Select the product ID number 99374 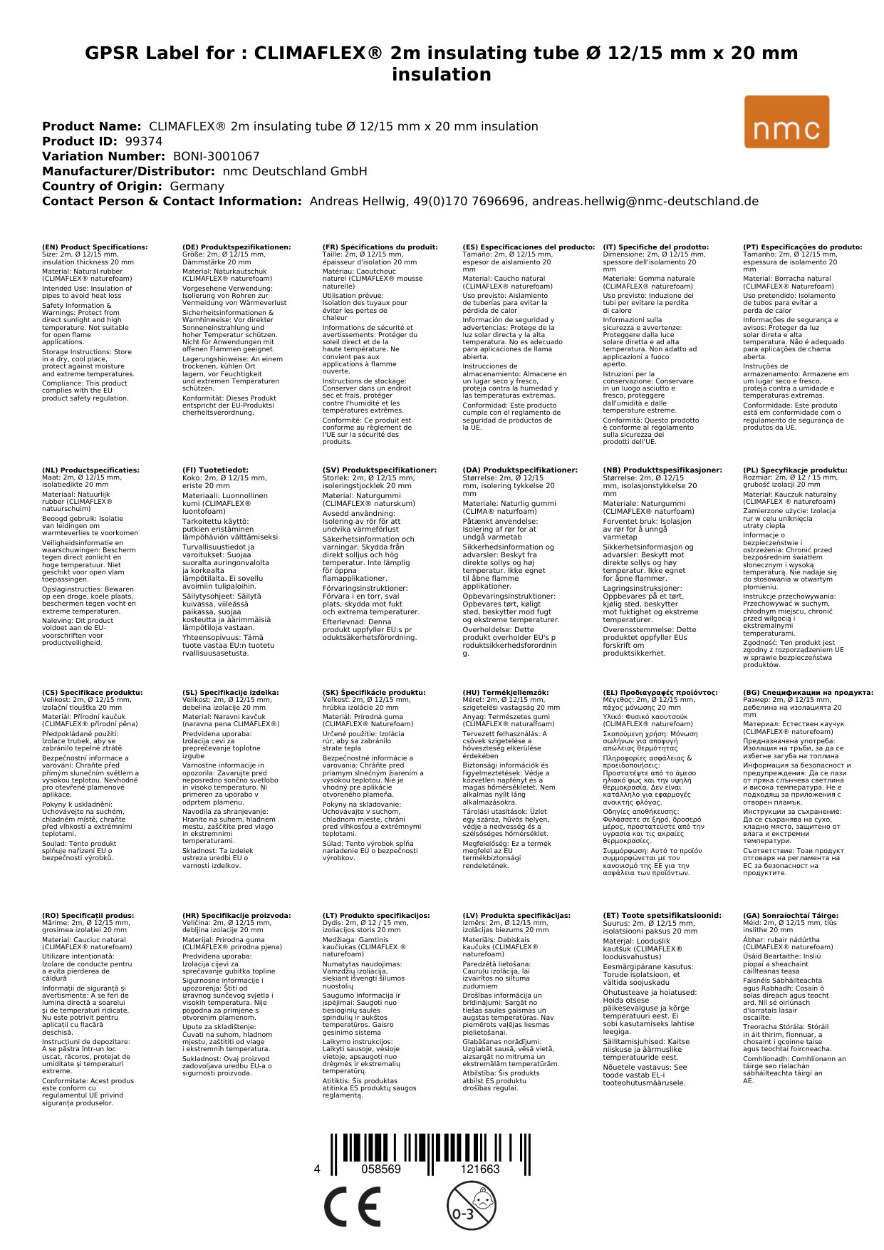pos(143,141)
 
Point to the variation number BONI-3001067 pos(216,156)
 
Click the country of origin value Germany pos(197,186)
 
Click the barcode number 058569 pos(381,1169)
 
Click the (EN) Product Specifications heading pos(95,247)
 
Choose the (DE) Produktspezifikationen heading pos(236,247)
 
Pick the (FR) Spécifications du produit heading pos(380,247)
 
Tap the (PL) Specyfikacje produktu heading pos(795,470)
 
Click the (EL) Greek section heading pos(660,692)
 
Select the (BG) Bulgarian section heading pos(808,692)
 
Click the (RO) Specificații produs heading pos(88,915)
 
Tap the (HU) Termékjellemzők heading pos(506,692)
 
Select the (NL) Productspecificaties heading pos(90,470)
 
